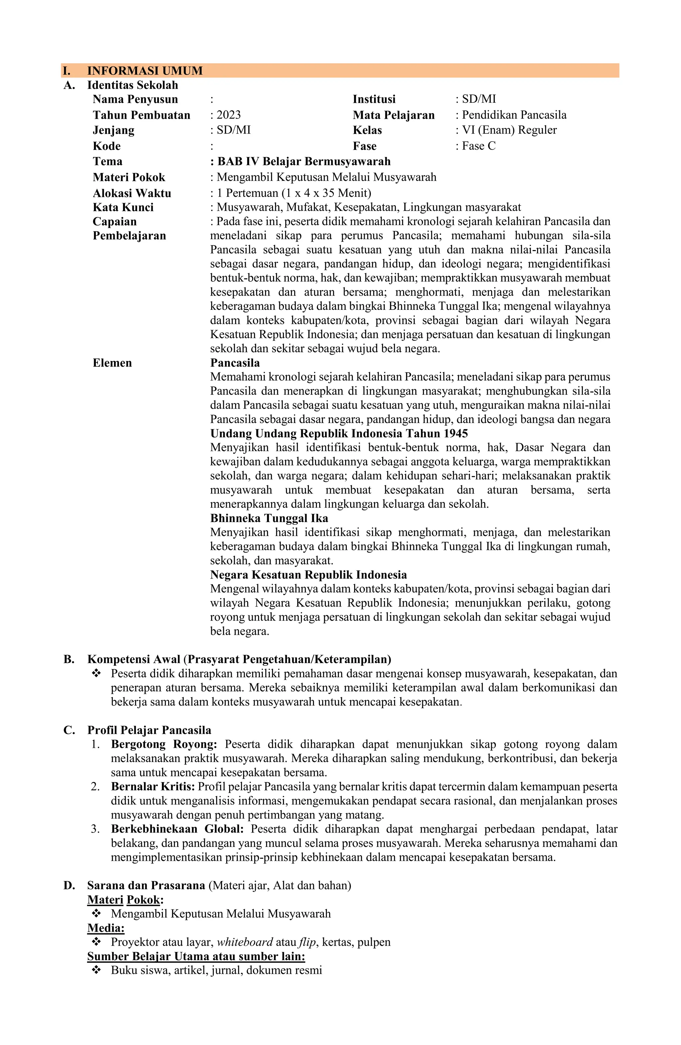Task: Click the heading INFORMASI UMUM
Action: point(145,71)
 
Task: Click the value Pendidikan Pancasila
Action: point(514,115)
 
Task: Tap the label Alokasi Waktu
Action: point(132,193)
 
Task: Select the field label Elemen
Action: point(112,363)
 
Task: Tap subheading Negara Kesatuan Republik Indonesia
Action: point(308,575)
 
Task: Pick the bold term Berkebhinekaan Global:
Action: point(177,829)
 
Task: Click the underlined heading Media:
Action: point(106,928)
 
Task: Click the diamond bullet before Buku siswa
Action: point(96,970)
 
